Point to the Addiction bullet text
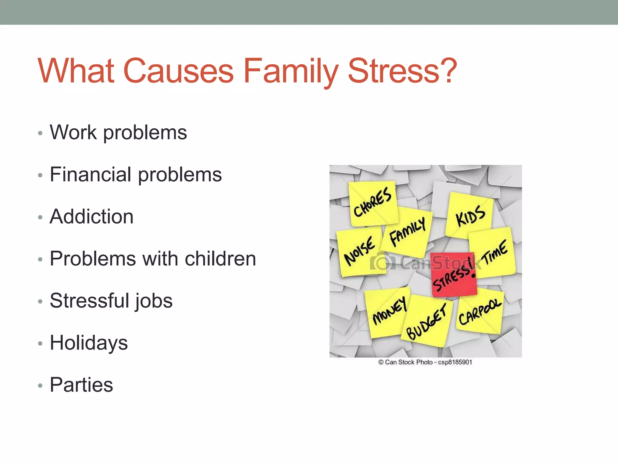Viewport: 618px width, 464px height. point(91,217)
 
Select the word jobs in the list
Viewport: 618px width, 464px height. point(154,301)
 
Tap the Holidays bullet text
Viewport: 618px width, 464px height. point(89,343)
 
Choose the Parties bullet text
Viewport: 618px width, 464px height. point(81,385)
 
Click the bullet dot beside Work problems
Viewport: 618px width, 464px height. point(40,133)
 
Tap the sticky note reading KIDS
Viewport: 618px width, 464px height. point(470,215)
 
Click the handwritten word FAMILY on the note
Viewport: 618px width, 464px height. point(407,231)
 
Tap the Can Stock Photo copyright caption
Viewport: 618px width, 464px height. point(425,362)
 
